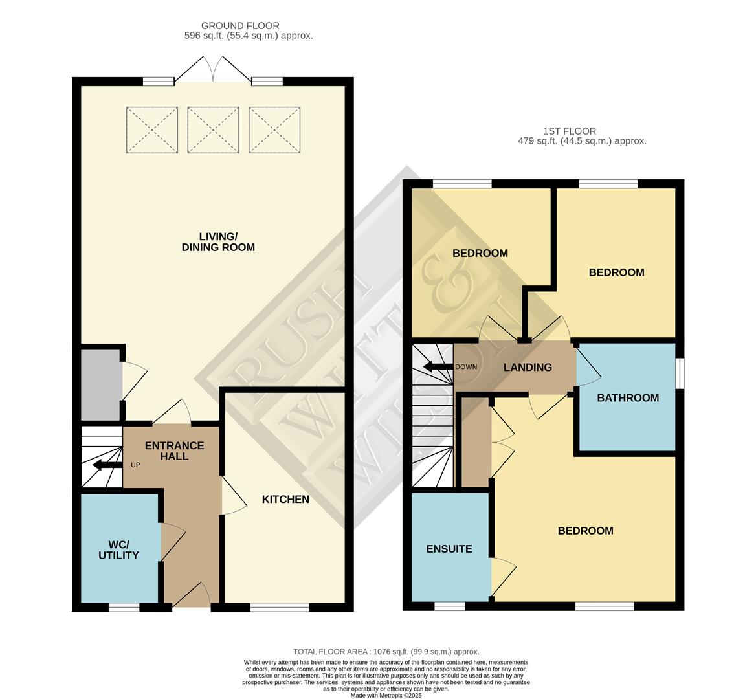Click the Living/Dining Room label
click(218, 241)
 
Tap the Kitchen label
click(285, 499)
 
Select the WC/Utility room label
click(118, 549)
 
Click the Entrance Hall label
click(174, 450)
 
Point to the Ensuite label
click(449, 549)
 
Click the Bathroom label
click(628, 397)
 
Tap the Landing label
click(528, 367)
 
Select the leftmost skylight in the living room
click(151, 130)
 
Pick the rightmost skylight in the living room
click(274, 130)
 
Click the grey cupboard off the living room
click(100, 384)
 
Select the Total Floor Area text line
click(386, 652)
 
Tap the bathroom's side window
click(680, 373)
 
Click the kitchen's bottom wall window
click(280, 607)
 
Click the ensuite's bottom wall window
click(449, 607)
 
